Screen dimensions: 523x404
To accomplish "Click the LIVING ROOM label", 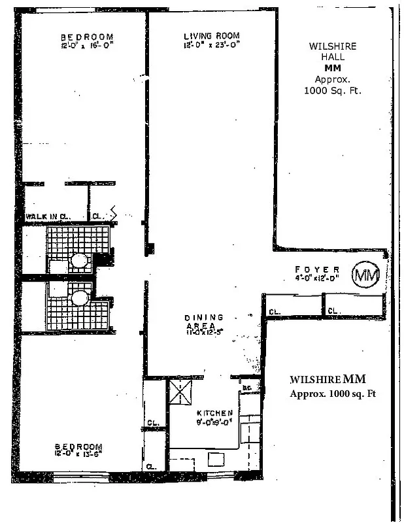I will click(x=211, y=35).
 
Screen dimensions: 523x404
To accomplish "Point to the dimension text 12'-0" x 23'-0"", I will click(x=211, y=45).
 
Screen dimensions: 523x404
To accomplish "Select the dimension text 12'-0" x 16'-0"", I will click(x=87, y=46).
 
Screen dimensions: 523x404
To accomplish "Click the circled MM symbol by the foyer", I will click(x=366, y=275).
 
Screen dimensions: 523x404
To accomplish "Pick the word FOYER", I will click(x=316, y=269).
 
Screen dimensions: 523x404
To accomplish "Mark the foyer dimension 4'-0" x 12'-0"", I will click(x=316, y=278).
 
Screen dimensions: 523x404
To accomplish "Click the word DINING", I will click(x=203, y=317).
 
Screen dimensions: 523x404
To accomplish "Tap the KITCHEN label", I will click(x=215, y=413).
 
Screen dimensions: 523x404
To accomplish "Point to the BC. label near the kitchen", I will click(x=247, y=388).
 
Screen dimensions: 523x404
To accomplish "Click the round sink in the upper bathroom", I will click(x=80, y=261).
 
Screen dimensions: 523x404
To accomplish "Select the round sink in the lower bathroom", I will click(x=80, y=298).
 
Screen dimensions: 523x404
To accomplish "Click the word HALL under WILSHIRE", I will click(x=333, y=57).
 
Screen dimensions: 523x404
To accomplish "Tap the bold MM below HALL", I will click(x=333, y=68).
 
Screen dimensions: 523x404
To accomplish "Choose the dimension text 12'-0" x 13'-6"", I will click(x=78, y=453).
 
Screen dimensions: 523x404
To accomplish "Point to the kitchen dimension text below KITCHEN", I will click(x=215, y=422).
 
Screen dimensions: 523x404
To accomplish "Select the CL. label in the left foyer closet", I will click(x=275, y=312).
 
